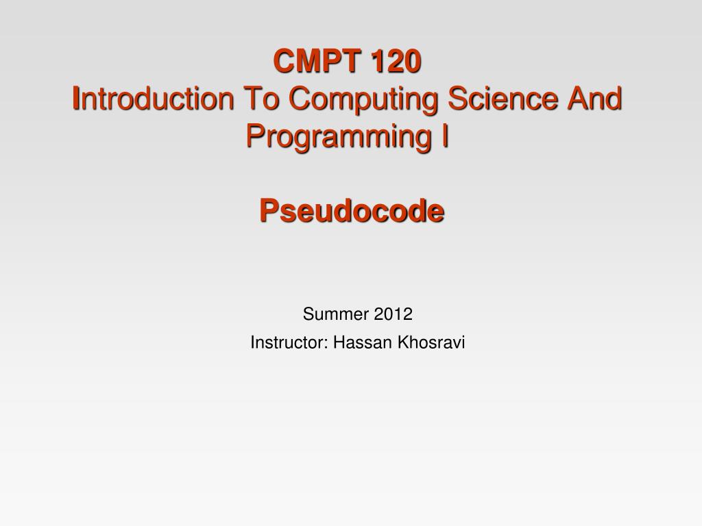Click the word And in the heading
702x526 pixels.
point(594,99)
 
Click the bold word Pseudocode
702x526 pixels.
point(352,212)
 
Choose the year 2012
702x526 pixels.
point(394,315)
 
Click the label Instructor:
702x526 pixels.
point(289,343)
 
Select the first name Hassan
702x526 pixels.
point(359,343)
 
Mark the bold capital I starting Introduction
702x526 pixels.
point(77,99)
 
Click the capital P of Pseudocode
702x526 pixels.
point(267,212)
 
